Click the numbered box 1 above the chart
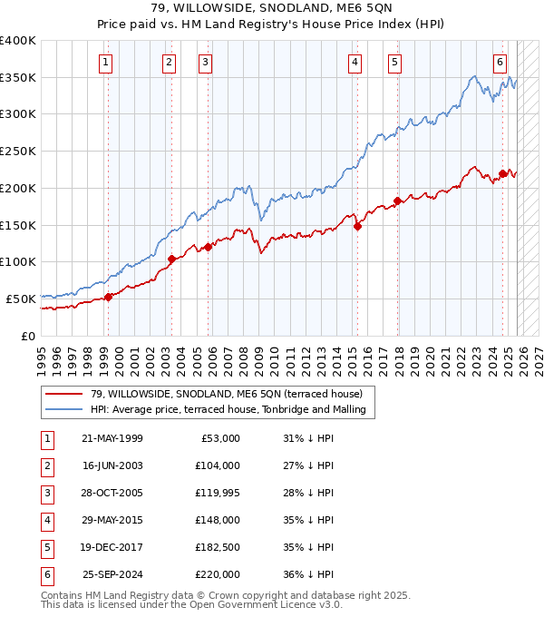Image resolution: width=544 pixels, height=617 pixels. pyautogui.click(x=107, y=63)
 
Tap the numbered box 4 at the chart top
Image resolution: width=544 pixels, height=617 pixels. pyautogui.click(x=355, y=63)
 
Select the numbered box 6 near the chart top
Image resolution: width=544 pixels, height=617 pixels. pyautogui.click(x=500, y=63)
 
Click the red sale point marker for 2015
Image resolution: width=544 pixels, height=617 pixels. pyautogui.click(x=357, y=227)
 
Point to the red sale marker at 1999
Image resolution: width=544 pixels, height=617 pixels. pyautogui.click(x=108, y=297)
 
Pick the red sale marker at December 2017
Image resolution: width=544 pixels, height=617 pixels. pyautogui.click(x=397, y=201)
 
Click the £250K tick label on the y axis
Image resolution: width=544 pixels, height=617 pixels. pyautogui.click(x=18, y=151)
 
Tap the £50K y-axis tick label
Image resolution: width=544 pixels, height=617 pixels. pyautogui.click(x=21, y=299)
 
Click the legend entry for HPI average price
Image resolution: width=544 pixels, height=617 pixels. pyautogui.click(x=228, y=409)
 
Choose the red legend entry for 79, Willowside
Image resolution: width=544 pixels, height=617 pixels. pyautogui.click(x=226, y=394)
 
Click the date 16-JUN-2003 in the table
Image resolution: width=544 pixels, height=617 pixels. pyautogui.click(x=112, y=465)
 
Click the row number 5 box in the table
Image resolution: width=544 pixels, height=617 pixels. pyautogui.click(x=46, y=547)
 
